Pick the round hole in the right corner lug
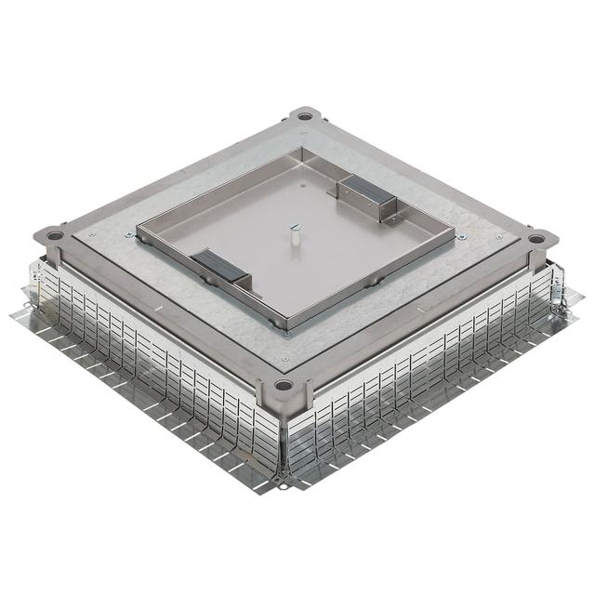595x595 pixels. [537, 239]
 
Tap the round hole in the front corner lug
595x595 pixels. [284, 385]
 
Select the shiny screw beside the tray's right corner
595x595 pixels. [462, 237]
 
